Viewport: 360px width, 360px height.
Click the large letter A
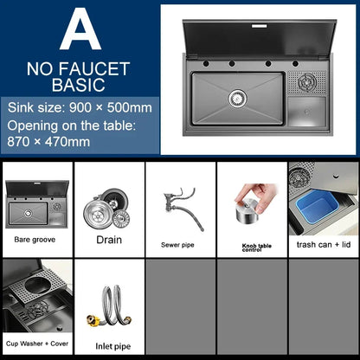coord(80,30)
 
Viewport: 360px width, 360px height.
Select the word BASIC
coord(79,85)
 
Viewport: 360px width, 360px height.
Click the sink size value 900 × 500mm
coord(111,107)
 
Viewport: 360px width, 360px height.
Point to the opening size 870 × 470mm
coord(48,142)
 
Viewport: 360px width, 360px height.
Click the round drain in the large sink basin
coord(238,99)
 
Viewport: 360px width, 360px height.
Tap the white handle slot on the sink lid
coord(260,26)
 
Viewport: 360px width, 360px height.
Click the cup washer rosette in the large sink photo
coord(307,82)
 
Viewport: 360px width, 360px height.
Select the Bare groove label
coord(35,240)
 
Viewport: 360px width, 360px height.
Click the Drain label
coord(109,240)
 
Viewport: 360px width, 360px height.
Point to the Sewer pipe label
coord(177,245)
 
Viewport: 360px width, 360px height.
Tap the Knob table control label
coord(257,247)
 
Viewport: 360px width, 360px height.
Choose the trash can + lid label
coord(324,245)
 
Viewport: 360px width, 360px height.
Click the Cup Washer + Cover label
coord(37,344)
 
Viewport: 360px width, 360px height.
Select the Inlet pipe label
coord(113,346)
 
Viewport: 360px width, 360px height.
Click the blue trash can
coord(318,209)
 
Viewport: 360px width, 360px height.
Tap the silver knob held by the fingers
coord(247,211)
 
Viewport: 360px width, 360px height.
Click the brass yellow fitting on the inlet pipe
coord(93,320)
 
